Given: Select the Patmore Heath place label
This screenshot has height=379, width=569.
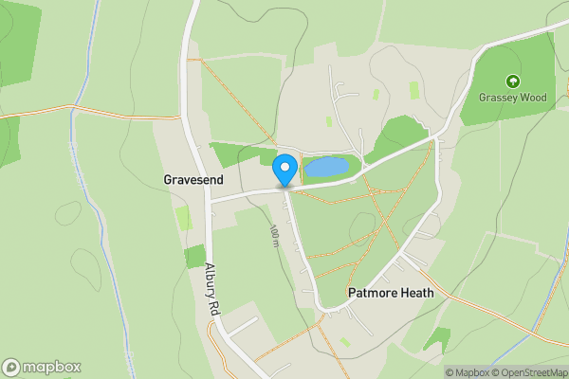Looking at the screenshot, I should (391, 293).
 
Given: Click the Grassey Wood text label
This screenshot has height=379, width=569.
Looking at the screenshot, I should (513, 97).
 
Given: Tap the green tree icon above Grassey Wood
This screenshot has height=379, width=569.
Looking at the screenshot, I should (513, 81).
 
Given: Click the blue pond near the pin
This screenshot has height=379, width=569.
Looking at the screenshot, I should (325, 168).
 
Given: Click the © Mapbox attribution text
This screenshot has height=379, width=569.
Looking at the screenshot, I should (470, 372).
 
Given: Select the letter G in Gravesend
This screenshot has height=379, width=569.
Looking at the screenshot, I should (168, 178).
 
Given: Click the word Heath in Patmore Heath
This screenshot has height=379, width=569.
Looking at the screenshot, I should (417, 293).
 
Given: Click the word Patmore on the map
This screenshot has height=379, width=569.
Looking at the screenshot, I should (372, 293).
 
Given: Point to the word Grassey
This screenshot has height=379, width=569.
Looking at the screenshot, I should (496, 97).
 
